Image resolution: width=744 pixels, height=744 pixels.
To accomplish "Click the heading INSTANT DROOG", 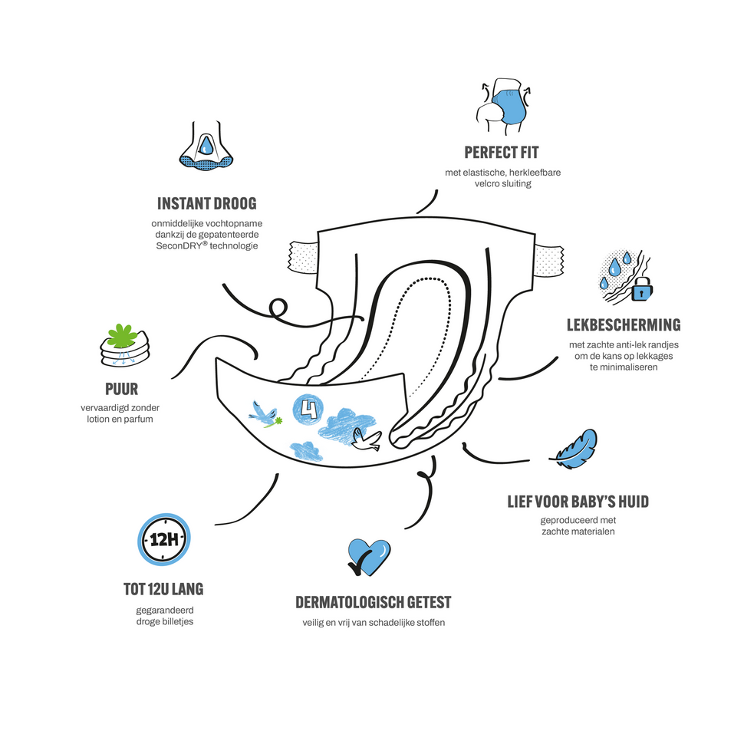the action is click(207, 203).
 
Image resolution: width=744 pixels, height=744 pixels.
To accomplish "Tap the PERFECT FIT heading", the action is click(502, 153).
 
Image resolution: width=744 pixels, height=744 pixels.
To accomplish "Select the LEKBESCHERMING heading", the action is click(624, 325).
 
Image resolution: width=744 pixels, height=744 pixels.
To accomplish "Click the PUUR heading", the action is click(121, 389).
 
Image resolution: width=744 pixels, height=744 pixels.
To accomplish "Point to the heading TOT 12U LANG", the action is click(163, 589).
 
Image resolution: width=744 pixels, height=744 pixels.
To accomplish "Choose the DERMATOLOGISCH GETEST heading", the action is click(374, 603).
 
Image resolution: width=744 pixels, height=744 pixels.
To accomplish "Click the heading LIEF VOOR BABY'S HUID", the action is click(578, 502).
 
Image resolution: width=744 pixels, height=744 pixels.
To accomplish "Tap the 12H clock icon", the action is click(164, 539).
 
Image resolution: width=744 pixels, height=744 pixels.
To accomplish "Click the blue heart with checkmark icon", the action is click(369, 557).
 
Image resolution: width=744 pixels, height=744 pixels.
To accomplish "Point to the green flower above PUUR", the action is click(123, 335).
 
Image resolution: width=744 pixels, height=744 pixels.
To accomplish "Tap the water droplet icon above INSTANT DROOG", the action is click(206, 146).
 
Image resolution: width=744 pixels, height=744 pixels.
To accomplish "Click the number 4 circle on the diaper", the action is click(308, 409).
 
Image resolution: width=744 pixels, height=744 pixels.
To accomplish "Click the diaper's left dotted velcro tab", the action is click(304, 257).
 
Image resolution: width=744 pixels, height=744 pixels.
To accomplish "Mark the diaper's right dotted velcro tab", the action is click(549, 261).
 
